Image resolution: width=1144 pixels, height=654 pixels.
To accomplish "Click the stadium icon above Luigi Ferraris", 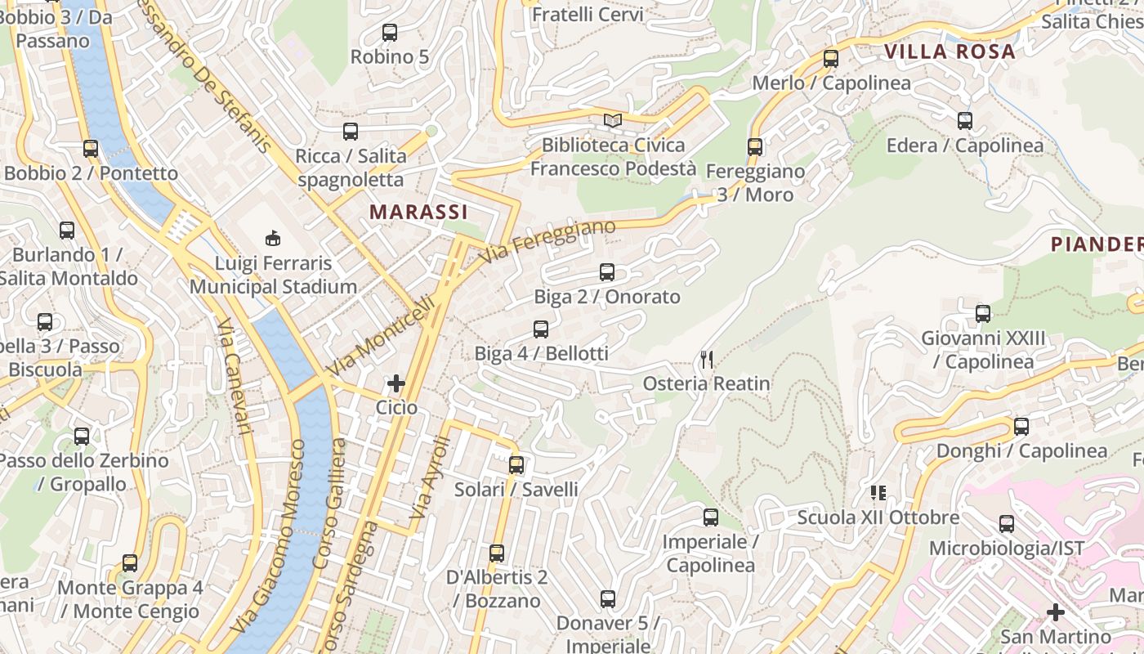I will (273, 239).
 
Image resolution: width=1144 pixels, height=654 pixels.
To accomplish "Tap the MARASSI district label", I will (418, 212).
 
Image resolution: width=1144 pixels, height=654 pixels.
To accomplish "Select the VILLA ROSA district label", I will (950, 52).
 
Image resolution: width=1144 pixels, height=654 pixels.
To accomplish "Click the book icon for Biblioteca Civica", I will (613, 121).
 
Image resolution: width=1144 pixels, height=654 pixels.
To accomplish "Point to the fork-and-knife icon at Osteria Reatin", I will (707, 359).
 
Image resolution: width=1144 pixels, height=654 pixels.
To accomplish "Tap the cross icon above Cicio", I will (396, 383).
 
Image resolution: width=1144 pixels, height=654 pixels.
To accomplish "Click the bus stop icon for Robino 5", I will (390, 33).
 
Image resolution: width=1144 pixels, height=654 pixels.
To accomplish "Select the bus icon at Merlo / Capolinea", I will (831, 59).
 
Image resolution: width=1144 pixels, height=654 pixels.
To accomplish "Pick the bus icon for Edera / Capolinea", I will (965, 121).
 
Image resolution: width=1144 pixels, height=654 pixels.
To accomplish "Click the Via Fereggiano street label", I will (547, 241).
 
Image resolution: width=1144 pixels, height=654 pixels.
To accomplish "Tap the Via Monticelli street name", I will (381, 336).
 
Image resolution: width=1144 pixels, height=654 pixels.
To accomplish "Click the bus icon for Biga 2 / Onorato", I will (607, 272).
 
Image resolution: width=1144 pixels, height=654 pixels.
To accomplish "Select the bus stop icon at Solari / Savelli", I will (516, 465).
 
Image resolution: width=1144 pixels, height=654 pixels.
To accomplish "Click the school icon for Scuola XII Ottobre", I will (878, 493).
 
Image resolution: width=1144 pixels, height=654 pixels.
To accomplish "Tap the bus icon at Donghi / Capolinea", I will (1021, 427).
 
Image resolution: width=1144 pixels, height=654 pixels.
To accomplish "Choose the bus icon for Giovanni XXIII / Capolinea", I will (983, 314).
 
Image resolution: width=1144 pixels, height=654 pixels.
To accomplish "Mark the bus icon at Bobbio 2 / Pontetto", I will (91, 149).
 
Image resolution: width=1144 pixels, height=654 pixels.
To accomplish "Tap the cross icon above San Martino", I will (1056, 611).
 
